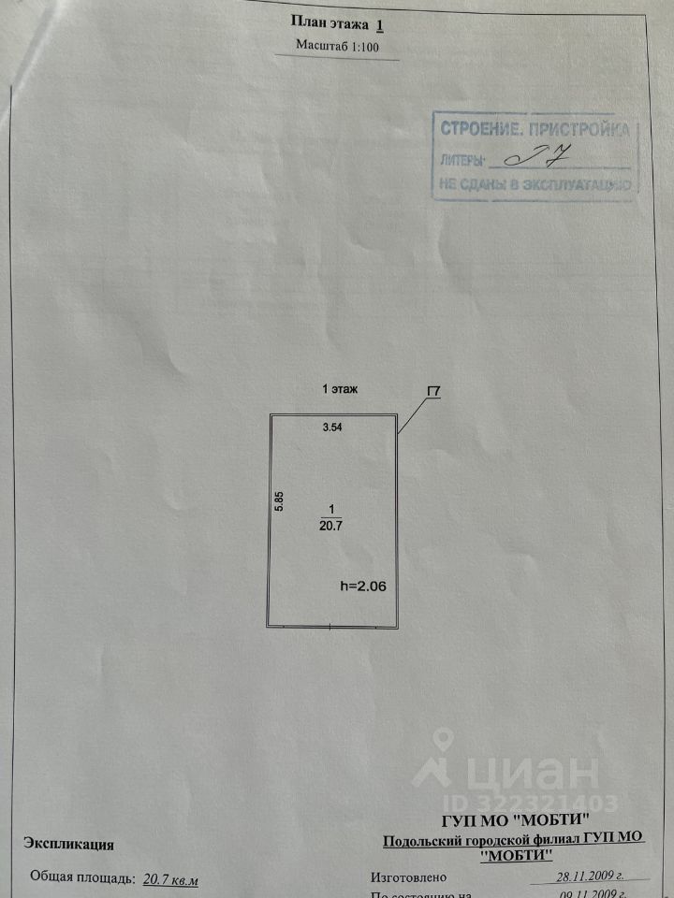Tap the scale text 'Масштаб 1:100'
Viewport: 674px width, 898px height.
tap(338, 44)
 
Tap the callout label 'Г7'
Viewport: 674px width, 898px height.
tap(434, 393)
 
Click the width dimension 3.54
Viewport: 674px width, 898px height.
tap(332, 427)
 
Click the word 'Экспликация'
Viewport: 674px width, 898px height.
tap(70, 845)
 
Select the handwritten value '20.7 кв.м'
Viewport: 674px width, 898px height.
tap(171, 878)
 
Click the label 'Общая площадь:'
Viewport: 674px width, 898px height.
tap(83, 878)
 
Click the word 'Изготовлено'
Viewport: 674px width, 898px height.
tap(409, 878)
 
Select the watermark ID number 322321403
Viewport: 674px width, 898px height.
tap(544, 803)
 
